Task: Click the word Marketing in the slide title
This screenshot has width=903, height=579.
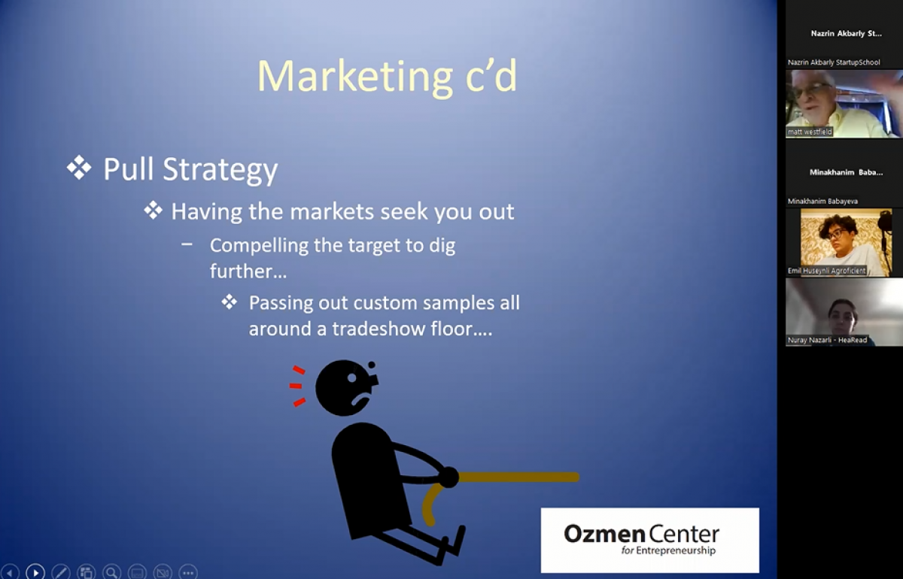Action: (354, 77)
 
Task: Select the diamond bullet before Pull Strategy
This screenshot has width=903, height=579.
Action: (79, 167)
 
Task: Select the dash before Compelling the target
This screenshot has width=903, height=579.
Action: (187, 244)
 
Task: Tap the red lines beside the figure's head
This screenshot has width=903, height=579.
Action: (297, 387)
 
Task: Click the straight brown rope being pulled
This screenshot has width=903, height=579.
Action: (518, 477)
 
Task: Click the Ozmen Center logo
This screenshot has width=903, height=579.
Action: (650, 540)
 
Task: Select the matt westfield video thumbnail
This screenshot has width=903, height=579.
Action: (844, 104)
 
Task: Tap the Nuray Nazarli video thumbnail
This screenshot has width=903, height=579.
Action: (844, 312)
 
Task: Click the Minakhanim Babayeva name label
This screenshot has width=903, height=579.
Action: (822, 201)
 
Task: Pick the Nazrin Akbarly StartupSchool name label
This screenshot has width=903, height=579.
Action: (834, 62)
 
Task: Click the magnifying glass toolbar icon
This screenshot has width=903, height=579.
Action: (111, 572)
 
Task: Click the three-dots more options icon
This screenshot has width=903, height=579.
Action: (188, 572)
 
